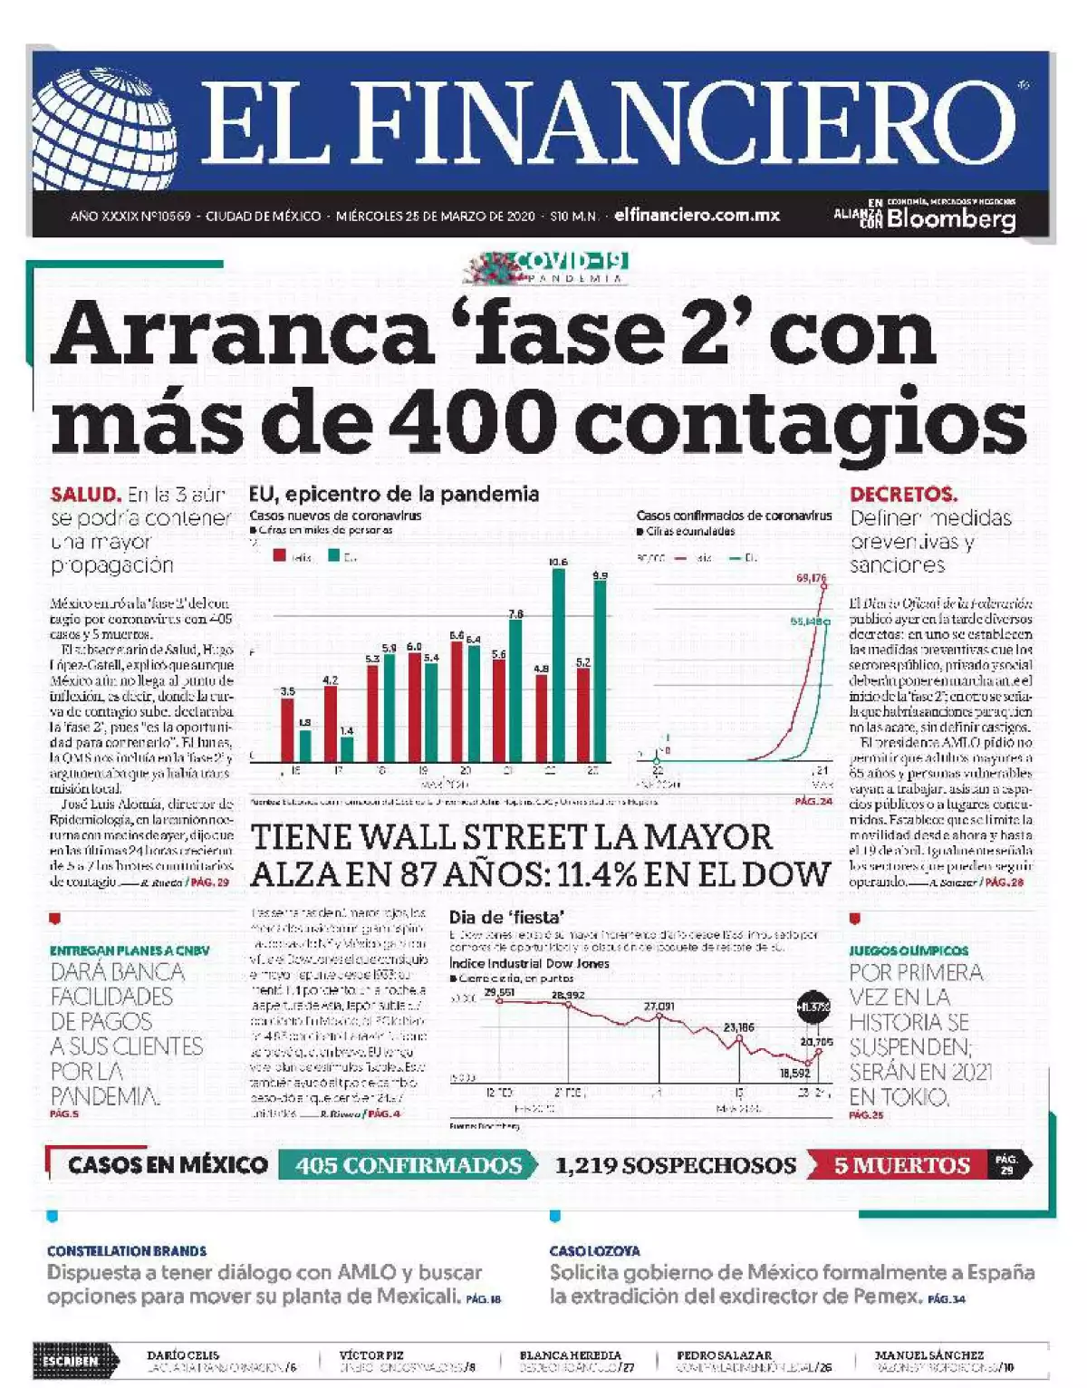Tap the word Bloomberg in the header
(951, 218)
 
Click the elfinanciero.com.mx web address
(697, 216)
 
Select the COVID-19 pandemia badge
(548, 268)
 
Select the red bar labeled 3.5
(287, 729)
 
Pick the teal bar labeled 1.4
(347, 749)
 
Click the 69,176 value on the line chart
(811, 578)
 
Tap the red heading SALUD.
(85, 495)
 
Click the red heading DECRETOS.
(903, 495)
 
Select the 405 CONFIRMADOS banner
(409, 1165)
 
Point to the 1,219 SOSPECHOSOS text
(675, 1165)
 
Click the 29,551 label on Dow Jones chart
(500, 993)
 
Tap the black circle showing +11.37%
(813, 1007)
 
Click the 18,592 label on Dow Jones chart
(794, 1073)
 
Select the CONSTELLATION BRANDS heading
(127, 1250)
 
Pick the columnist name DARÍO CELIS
(183, 1354)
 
